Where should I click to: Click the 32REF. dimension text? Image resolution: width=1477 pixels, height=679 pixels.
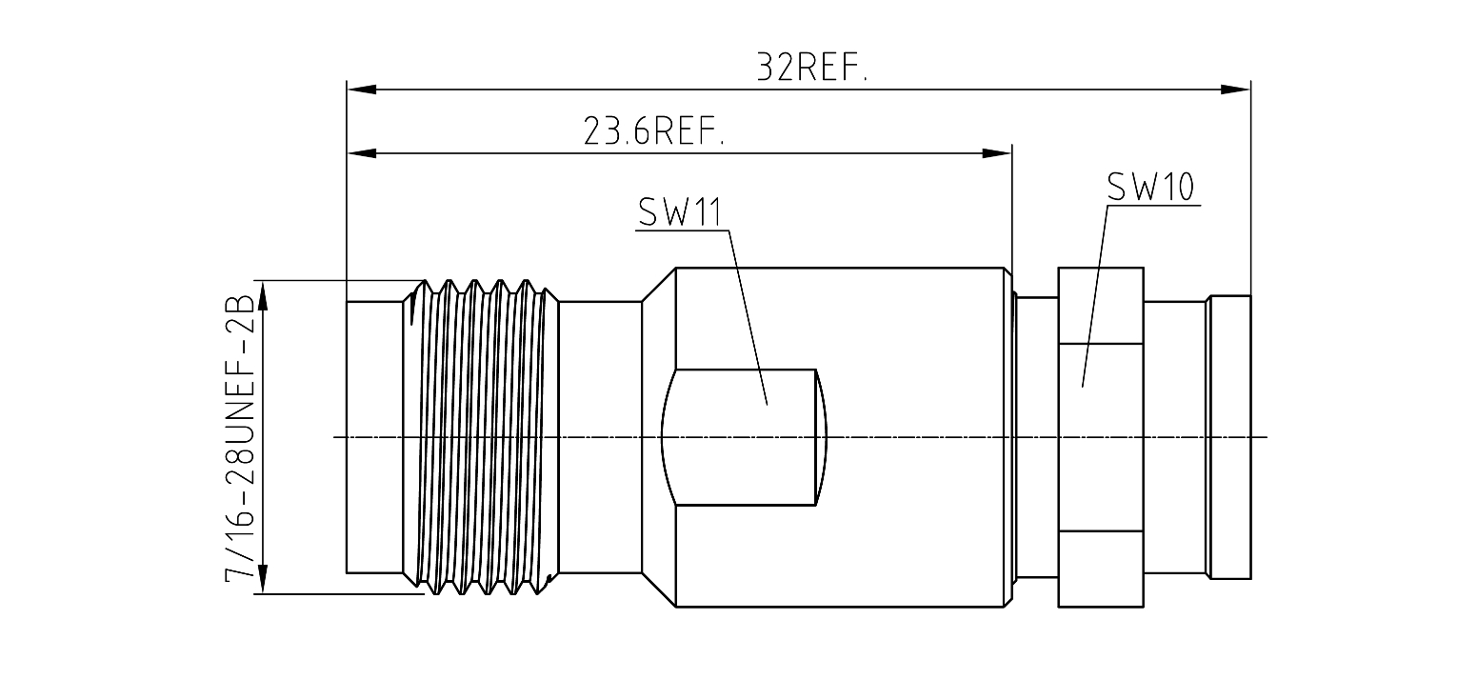[812, 68]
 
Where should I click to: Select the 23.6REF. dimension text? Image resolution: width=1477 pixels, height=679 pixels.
[654, 131]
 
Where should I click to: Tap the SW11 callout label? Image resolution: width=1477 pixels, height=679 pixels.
[680, 212]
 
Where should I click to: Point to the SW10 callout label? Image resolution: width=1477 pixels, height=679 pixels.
[1150, 188]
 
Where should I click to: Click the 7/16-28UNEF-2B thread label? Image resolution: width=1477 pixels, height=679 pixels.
[239, 438]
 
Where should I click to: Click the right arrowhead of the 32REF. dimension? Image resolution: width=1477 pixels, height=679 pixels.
[1236, 90]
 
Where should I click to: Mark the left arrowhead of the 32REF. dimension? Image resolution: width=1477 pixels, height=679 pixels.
[362, 90]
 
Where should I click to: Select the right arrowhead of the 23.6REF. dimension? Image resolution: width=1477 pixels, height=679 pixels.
[997, 153]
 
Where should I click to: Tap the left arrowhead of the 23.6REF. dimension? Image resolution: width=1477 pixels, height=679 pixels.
[362, 153]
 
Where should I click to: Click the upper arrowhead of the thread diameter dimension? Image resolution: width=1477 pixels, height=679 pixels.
[263, 295]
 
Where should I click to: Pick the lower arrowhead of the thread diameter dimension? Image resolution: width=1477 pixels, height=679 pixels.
[263, 579]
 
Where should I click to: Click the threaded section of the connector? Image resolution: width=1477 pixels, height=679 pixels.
[481, 438]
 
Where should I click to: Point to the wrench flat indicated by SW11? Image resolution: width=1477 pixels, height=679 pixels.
[744, 438]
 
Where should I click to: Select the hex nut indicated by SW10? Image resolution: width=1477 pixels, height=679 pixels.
[1101, 438]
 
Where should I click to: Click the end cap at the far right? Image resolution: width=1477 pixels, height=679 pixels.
[1230, 438]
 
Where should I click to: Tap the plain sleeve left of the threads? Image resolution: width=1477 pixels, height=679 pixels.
[374, 438]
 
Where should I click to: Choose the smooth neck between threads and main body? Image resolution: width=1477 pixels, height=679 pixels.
[600, 438]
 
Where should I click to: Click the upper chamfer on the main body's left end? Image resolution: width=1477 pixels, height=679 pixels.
[659, 285]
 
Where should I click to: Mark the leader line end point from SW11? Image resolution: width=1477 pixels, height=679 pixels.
[767, 404]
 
